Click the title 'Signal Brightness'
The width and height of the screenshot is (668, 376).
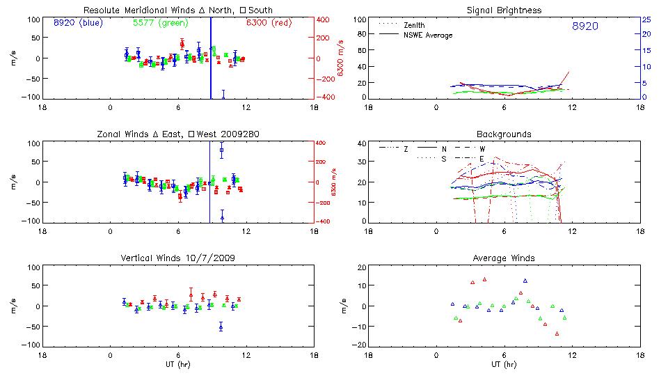click(x=504, y=10)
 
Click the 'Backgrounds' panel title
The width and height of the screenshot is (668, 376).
click(x=504, y=134)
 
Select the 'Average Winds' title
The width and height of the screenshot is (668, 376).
click(x=504, y=258)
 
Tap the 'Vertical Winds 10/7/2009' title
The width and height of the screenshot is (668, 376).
click(x=178, y=258)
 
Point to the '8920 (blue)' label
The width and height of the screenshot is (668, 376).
click(x=78, y=23)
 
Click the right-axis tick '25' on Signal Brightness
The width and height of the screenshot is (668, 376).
click(x=646, y=19)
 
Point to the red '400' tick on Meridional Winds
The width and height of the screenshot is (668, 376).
click(x=324, y=19)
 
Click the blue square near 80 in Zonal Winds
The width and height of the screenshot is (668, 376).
click(x=222, y=150)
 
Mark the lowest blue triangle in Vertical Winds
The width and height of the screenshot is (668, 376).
click(x=221, y=327)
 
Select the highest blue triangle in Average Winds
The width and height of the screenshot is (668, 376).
click(x=525, y=281)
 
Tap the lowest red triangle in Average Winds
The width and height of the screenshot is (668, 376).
click(x=557, y=334)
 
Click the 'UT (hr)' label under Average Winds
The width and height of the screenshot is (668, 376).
click(x=504, y=365)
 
